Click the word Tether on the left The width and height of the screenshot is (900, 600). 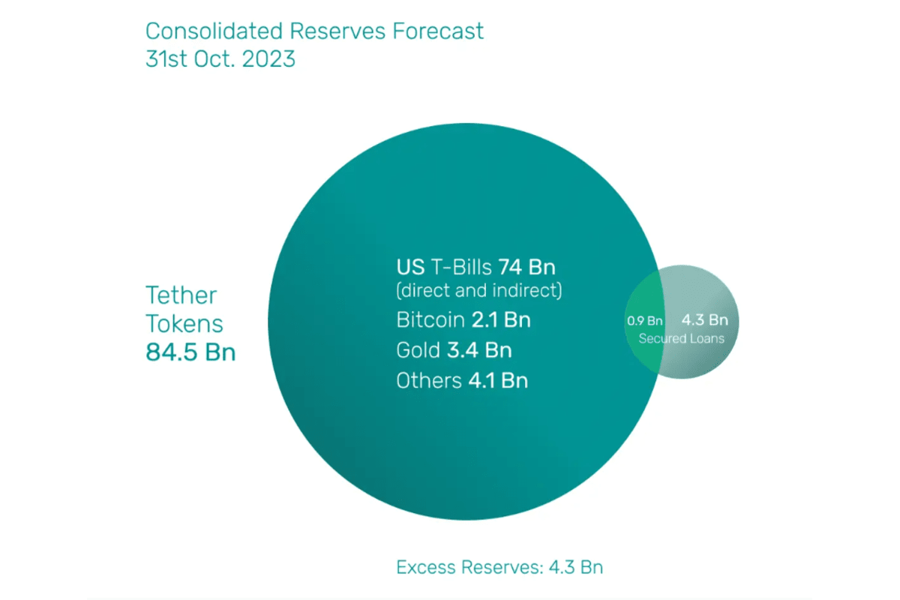point(181,295)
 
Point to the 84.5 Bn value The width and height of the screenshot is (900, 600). point(190,352)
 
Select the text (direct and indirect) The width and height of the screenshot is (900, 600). point(479,290)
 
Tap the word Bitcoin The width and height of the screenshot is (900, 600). point(430,320)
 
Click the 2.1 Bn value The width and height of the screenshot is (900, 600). point(501,320)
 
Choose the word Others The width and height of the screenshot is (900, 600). point(429,380)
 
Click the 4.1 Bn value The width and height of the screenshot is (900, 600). point(498,380)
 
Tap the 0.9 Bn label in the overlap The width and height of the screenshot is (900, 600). point(645,321)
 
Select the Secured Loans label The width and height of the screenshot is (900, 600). point(682,339)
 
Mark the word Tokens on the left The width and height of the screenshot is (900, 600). point(184,323)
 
